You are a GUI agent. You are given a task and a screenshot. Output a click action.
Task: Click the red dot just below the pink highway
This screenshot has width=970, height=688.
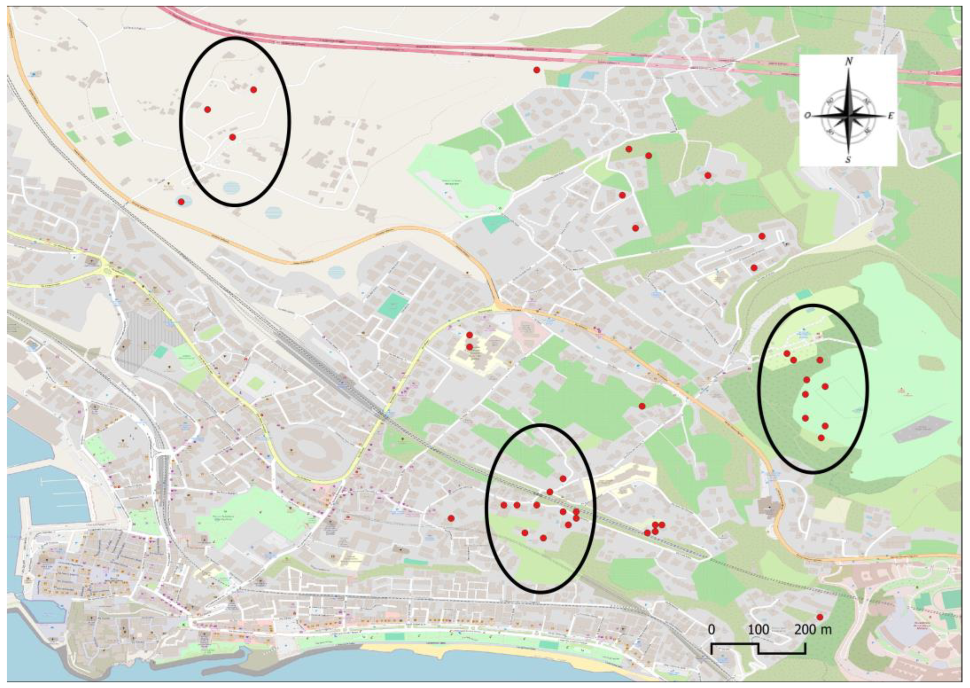(536, 70)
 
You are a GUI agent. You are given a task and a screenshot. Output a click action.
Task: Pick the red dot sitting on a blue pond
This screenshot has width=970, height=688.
(181, 202)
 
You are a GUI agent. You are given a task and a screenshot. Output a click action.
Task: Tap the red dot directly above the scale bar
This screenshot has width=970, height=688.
(819, 617)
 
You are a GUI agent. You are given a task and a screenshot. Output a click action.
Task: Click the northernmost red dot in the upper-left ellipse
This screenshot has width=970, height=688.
(254, 89)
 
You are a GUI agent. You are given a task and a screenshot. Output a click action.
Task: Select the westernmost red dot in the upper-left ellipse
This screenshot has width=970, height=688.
(207, 109)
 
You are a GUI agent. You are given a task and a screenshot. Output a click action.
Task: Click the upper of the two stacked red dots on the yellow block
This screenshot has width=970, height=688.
(469, 335)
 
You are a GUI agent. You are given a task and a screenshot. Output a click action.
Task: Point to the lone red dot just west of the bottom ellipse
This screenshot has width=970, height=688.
(451, 518)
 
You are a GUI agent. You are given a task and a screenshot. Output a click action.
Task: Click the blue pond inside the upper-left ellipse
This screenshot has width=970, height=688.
(231, 187)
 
